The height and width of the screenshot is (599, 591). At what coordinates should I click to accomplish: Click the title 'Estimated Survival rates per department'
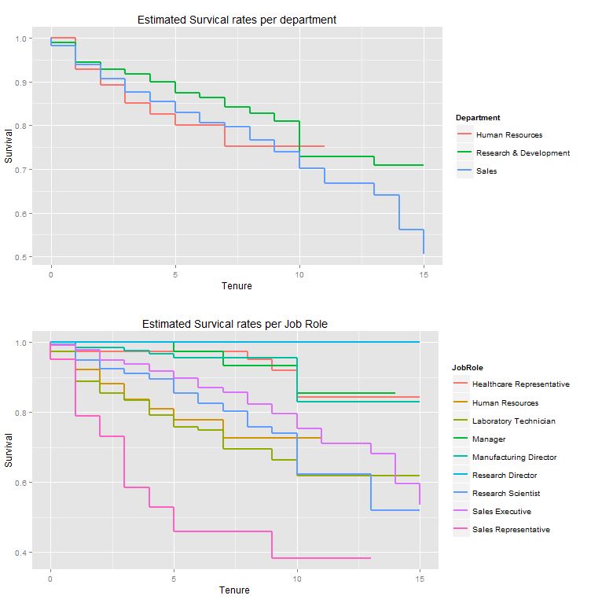[237, 20]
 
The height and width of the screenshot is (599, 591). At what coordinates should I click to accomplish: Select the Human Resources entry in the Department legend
[508, 135]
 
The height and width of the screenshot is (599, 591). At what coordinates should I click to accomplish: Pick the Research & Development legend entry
[523, 153]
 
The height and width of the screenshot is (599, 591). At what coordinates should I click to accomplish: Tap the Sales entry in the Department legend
[486, 171]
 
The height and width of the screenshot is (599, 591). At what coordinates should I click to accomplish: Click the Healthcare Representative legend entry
[520, 384]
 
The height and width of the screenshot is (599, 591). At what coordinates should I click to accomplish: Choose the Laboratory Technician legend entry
[513, 421]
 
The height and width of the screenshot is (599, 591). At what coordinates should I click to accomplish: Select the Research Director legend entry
[505, 475]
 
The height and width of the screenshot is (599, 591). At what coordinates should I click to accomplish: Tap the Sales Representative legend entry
[511, 530]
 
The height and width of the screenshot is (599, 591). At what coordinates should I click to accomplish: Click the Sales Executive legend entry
[502, 511]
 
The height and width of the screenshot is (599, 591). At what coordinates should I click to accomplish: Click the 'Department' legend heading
[478, 118]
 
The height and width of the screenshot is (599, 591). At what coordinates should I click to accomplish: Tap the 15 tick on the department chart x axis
[424, 274]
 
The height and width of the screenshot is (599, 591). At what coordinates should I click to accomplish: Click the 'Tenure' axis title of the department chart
[237, 286]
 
